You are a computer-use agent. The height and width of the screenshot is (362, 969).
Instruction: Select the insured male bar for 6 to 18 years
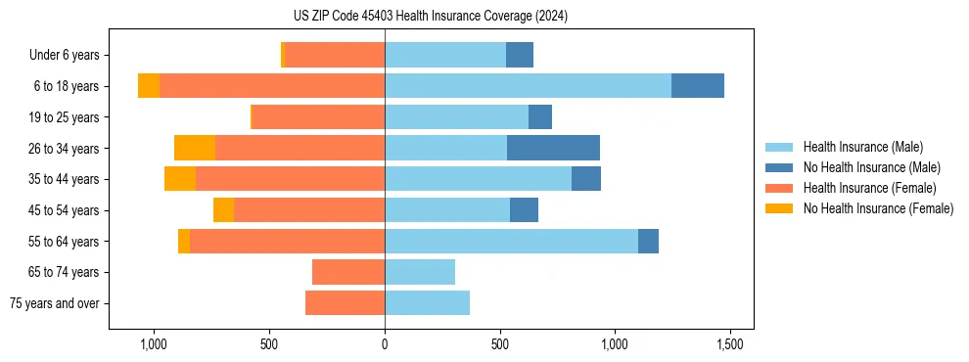click(x=528, y=86)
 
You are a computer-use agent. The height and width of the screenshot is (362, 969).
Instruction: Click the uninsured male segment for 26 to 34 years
click(x=553, y=148)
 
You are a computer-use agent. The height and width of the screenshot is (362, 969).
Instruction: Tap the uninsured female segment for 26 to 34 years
click(x=195, y=148)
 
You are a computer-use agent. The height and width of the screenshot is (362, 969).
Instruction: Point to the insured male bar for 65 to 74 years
click(x=420, y=272)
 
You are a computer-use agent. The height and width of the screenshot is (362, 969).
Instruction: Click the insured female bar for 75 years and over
click(x=345, y=303)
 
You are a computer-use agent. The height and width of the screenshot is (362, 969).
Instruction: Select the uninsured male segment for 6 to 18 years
click(x=698, y=86)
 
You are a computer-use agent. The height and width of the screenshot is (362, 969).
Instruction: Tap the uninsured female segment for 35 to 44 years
click(x=180, y=179)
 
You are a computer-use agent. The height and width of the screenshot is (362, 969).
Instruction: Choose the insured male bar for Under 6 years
click(x=445, y=55)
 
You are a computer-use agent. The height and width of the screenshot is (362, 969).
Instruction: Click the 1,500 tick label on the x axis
click(x=730, y=344)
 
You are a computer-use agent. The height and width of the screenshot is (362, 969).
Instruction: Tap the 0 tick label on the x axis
click(x=385, y=344)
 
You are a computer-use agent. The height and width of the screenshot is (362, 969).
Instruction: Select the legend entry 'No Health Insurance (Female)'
click(x=878, y=208)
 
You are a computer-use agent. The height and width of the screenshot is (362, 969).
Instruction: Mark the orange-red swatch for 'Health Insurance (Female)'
click(x=779, y=188)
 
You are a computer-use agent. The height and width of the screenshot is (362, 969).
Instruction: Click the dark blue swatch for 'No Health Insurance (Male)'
click(x=779, y=167)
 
